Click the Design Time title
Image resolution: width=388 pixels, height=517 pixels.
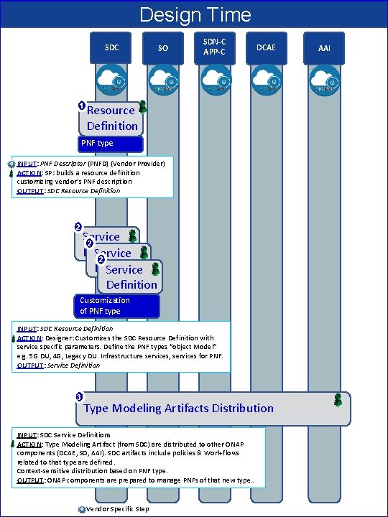(x=195, y=14)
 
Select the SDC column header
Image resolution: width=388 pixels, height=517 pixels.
(x=112, y=47)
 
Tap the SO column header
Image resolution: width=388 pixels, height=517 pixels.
(x=163, y=47)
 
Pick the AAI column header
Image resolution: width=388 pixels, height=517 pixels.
(x=325, y=47)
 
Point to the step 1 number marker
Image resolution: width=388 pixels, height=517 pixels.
(x=82, y=107)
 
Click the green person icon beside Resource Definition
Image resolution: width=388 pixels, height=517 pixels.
(x=142, y=107)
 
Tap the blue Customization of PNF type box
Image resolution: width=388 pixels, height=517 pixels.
(x=116, y=306)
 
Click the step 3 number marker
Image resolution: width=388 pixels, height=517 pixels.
(x=78, y=397)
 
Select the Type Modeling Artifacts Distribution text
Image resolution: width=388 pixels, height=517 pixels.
(x=178, y=409)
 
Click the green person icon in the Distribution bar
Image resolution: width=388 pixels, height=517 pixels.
(x=338, y=400)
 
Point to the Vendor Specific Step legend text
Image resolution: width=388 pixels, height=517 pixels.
(x=117, y=509)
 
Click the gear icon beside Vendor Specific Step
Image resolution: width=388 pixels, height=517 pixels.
(x=80, y=509)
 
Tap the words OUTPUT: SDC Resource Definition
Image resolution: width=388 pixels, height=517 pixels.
(x=68, y=191)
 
